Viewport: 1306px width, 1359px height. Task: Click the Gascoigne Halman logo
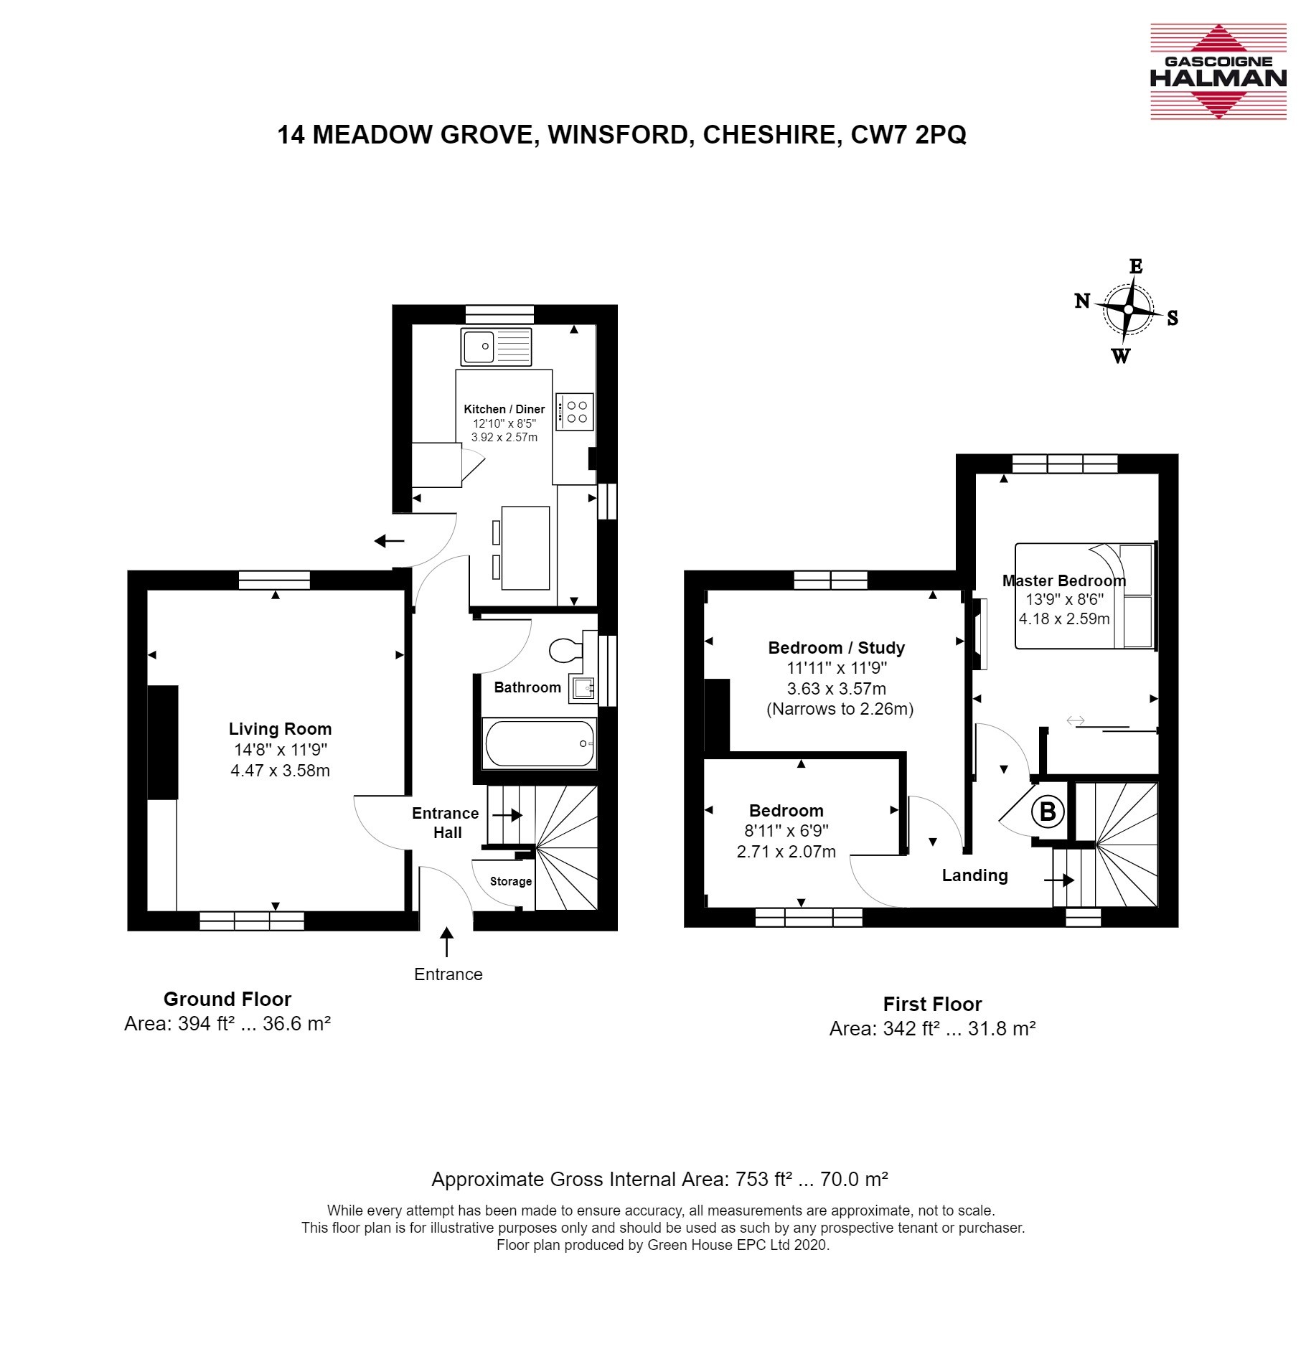(1218, 71)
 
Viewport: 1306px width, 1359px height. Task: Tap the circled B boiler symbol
(1048, 812)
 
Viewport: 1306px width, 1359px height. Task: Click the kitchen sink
(497, 346)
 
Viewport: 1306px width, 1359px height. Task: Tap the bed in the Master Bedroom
(1085, 596)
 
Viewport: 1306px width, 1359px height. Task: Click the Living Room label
(281, 729)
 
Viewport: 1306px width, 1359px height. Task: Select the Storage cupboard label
(511, 881)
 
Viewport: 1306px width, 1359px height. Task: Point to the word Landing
(974, 875)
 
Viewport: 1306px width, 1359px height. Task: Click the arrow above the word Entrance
(447, 942)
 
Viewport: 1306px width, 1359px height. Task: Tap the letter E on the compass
(1136, 267)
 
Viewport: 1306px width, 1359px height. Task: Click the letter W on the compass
(1121, 355)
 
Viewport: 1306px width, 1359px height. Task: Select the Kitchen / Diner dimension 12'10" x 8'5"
(504, 423)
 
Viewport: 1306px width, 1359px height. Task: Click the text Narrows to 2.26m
(840, 709)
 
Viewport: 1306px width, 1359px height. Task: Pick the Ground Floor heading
(227, 999)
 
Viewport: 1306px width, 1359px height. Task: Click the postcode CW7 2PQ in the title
(908, 135)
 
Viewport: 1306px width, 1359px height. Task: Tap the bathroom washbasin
(583, 688)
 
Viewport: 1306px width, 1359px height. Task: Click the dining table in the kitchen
(525, 548)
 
